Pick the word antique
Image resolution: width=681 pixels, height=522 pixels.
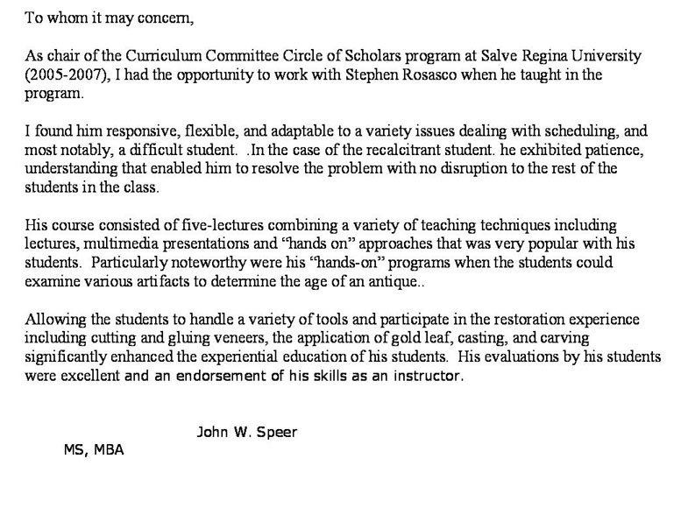(395, 280)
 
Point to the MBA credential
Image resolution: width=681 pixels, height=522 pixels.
(109, 450)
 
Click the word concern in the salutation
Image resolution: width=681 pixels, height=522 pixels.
(167, 17)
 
